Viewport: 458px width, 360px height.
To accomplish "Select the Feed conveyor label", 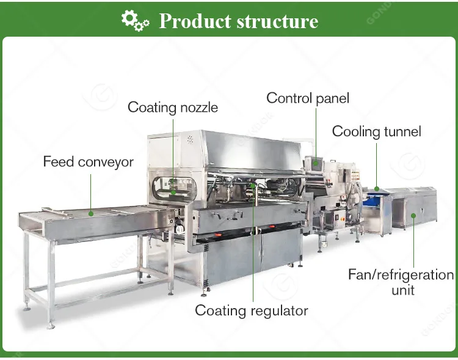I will (88, 162).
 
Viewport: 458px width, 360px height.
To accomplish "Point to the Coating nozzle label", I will (173, 108).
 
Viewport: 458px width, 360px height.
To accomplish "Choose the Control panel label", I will (308, 98).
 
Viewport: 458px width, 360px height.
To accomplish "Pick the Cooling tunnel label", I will (376, 131).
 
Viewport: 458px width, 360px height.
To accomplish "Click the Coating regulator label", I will (252, 310).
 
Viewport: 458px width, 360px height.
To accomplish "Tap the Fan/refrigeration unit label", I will (401, 281).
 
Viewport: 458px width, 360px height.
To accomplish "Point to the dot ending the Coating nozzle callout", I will (173, 191).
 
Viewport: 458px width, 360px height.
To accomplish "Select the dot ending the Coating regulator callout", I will (253, 183).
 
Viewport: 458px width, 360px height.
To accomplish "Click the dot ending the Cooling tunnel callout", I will (377, 189).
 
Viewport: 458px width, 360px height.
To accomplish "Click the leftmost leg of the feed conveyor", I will (26, 269).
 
